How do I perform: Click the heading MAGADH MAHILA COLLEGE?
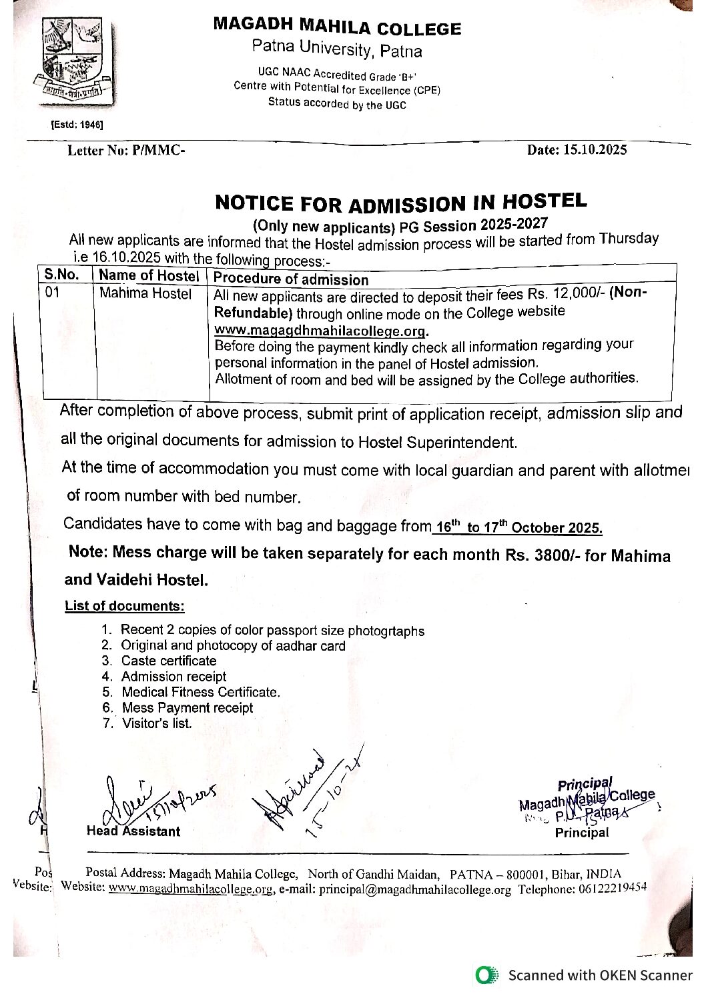pos(337,26)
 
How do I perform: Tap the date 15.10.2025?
pos(594,150)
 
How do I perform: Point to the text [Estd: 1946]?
pos(77,125)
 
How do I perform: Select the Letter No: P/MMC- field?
pos(126,151)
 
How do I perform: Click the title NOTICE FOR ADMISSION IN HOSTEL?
pos(400,202)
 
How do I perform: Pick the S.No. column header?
pos(62,275)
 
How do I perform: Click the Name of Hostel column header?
pos(149,275)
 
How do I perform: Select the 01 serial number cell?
pos(53,293)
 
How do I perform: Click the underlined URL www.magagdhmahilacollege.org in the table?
pos(321,331)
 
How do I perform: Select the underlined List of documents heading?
pos(124,606)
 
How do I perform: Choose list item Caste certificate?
pos(169,661)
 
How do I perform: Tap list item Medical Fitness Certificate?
pos(200,692)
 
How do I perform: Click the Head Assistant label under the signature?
pos(133,831)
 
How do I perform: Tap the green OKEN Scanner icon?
pos(487,975)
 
